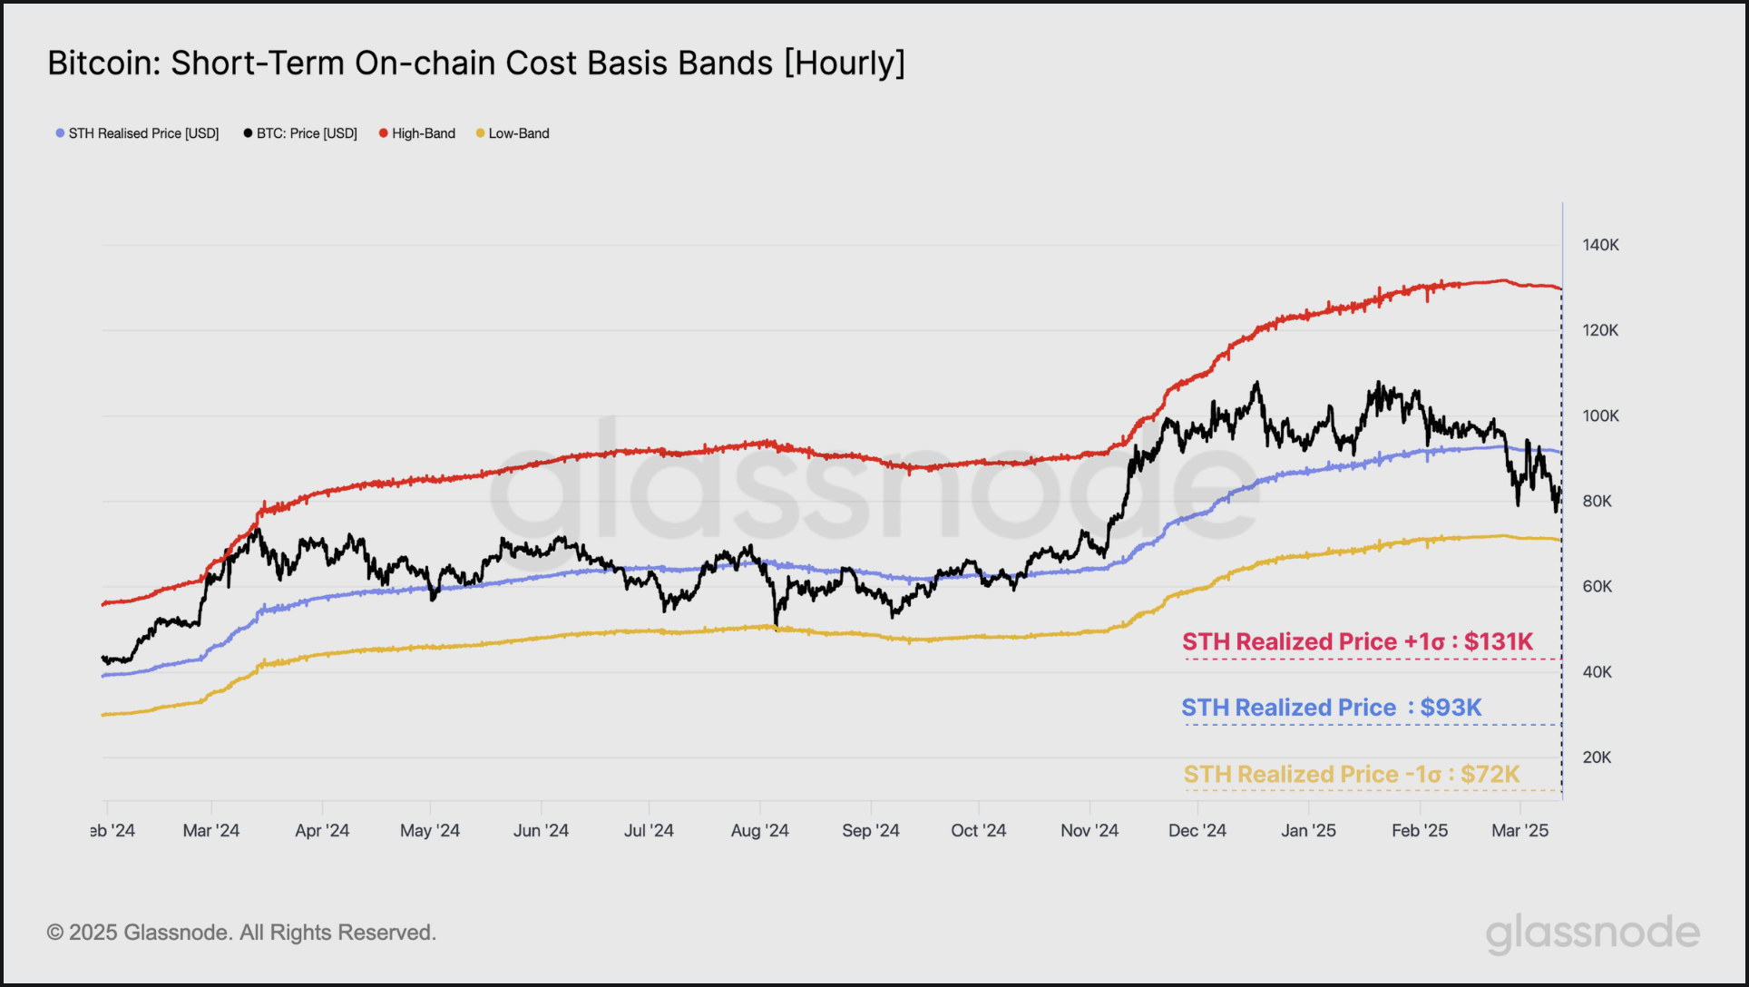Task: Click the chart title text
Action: click(x=476, y=64)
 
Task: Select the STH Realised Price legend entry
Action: click(x=143, y=133)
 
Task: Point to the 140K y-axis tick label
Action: click(x=1600, y=245)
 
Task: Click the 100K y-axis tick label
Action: click(x=1600, y=416)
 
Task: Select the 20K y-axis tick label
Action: click(x=1597, y=757)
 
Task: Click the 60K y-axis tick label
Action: click(x=1597, y=587)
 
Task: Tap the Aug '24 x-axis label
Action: click(x=759, y=831)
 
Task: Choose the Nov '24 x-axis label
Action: click(x=1089, y=831)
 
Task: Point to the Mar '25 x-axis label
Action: click(x=1519, y=831)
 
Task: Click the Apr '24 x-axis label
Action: click(x=322, y=831)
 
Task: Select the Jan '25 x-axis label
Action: click(x=1308, y=831)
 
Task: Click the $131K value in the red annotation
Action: click(x=1498, y=642)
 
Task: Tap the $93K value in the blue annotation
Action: click(x=1451, y=708)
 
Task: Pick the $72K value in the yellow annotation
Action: click(x=1490, y=775)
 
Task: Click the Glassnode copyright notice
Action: click(x=241, y=933)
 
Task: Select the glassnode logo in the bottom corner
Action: click(x=1592, y=933)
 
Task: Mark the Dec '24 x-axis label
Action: click(x=1197, y=831)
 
